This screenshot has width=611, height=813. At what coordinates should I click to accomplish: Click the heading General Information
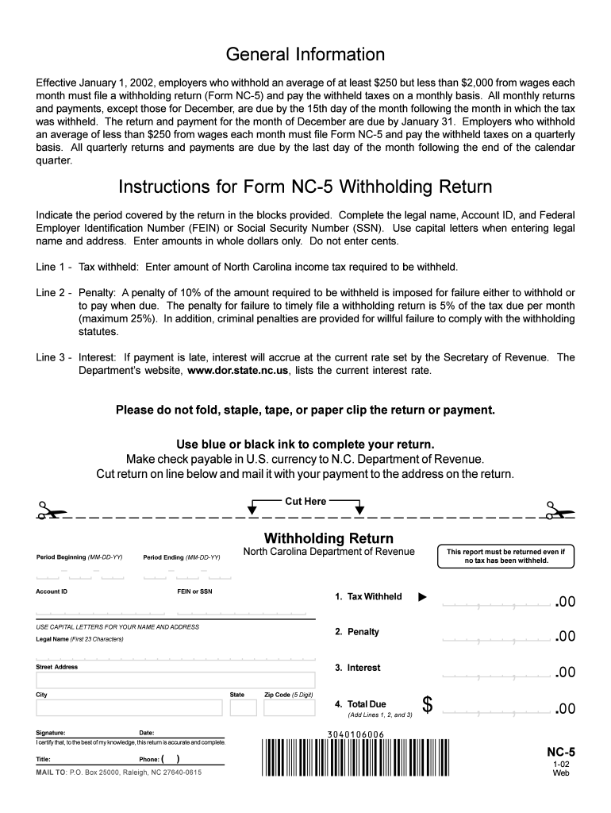[x=305, y=55]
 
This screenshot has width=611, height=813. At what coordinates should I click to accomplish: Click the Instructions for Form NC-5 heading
[x=305, y=187]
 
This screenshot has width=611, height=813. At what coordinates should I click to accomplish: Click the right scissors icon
[x=559, y=511]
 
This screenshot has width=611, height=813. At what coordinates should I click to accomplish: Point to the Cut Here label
[x=305, y=501]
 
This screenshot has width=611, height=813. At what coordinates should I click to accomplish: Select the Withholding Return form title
[x=329, y=538]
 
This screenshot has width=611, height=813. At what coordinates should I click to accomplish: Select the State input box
[x=243, y=707]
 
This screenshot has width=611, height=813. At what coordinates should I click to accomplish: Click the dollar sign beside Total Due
[x=428, y=704]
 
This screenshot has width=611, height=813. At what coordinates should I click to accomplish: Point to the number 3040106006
[x=355, y=734]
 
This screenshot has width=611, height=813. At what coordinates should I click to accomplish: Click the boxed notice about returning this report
[x=505, y=556]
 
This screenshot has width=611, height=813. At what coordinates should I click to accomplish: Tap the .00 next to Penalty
[x=565, y=638]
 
